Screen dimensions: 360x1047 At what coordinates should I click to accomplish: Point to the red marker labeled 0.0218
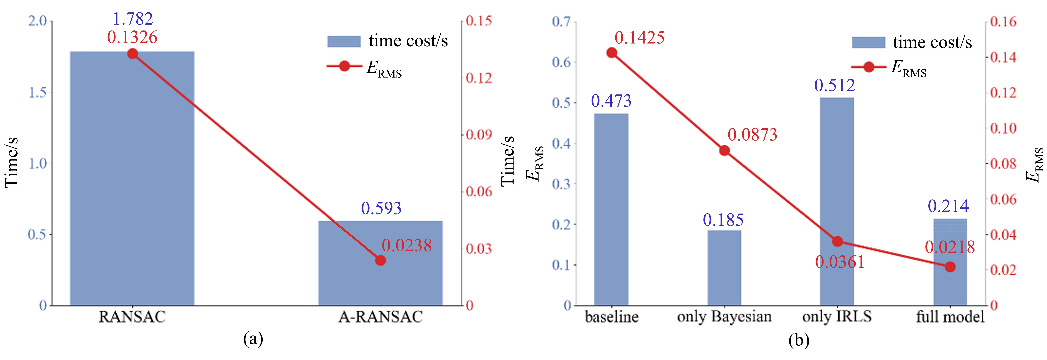950,267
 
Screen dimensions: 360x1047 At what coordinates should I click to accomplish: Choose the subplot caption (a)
253,338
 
